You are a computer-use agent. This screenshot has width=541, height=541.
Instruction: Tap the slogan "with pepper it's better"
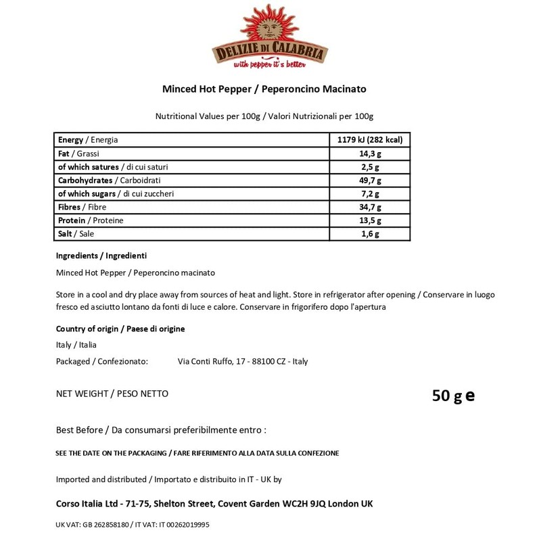coord(270,65)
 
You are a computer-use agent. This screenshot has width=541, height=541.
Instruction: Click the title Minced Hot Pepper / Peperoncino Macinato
coord(264,89)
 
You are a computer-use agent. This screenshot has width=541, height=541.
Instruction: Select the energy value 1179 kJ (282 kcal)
coord(369,140)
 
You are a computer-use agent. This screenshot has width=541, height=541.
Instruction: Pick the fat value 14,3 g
coord(369,154)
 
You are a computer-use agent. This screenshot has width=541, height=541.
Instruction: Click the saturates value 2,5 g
coord(369,167)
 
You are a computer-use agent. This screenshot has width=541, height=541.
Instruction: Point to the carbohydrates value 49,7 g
coord(369,181)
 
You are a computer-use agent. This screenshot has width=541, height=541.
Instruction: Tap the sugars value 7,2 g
coord(369,194)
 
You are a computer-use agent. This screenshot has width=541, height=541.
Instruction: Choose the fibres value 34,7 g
coord(369,208)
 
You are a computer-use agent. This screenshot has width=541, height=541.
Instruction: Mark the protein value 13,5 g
coord(369,220)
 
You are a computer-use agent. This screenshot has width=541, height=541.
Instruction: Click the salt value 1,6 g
coord(369,234)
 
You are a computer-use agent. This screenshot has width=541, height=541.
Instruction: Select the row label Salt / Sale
coord(76,234)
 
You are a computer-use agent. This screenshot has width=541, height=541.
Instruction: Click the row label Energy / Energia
coord(88,140)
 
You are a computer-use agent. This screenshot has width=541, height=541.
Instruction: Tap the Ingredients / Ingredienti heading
coord(101,256)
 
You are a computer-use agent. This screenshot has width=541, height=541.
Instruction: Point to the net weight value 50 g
coord(447,395)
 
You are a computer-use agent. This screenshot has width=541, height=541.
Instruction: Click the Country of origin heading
coord(120,329)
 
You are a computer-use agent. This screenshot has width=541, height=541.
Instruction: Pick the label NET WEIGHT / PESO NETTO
coord(112,394)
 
